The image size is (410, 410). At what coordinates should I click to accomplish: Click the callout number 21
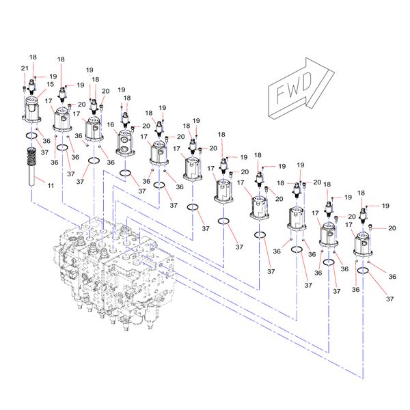coord(24,69)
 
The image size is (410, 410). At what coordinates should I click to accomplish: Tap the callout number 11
coord(50,186)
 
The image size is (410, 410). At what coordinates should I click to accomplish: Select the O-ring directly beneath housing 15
coord(32,136)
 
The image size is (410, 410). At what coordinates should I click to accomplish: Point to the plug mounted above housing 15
coord(33,87)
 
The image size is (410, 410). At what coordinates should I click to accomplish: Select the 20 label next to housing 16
coord(146,127)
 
